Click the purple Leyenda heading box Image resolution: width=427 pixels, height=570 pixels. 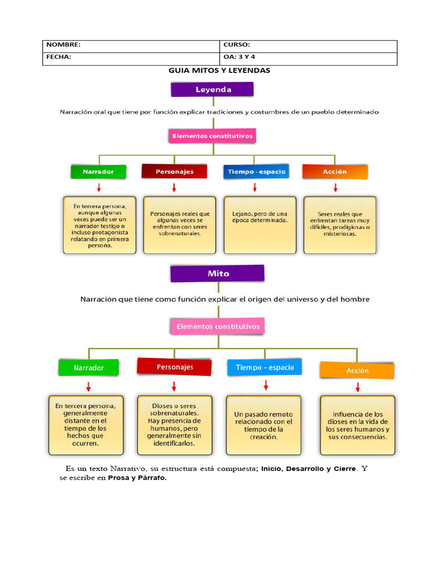212,90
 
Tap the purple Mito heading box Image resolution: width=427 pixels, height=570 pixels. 217,273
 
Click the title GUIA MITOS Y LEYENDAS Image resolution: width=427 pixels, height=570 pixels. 219,71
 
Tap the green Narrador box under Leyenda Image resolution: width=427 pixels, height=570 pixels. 99,171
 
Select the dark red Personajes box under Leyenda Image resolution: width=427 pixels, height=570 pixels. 175,171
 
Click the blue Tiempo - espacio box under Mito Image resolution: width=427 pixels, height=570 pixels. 264,367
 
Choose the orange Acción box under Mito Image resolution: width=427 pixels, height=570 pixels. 357,370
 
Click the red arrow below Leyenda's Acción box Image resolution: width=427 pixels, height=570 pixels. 335,188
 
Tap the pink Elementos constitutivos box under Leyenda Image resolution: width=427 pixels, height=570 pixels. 212,136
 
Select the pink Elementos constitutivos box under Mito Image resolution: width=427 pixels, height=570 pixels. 217,326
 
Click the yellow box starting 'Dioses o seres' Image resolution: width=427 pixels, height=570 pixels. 174,425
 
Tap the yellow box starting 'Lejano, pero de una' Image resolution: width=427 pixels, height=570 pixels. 260,224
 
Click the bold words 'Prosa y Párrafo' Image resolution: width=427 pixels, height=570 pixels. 136,478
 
